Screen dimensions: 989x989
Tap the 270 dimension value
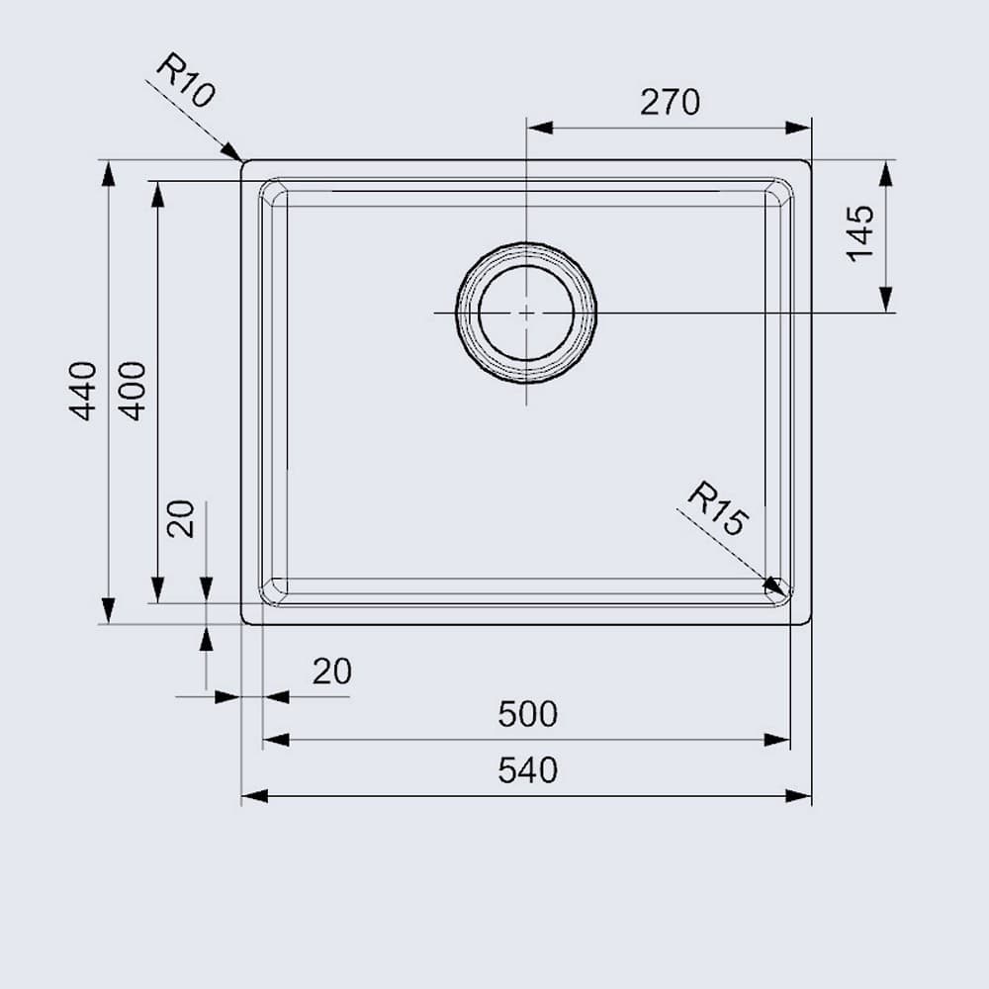[670, 102]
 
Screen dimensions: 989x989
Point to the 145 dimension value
[860, 233]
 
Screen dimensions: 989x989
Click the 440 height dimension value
[84, 391]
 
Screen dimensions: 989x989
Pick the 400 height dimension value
[134, 391]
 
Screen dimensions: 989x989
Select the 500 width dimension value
[527, 713]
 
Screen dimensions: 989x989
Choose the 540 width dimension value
[527, 770]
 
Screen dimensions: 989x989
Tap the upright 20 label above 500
[332, 672]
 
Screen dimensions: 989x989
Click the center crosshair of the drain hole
[526, 313]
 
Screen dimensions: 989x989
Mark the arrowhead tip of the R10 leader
[240, 158]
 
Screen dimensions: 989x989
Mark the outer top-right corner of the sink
[810, 161]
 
